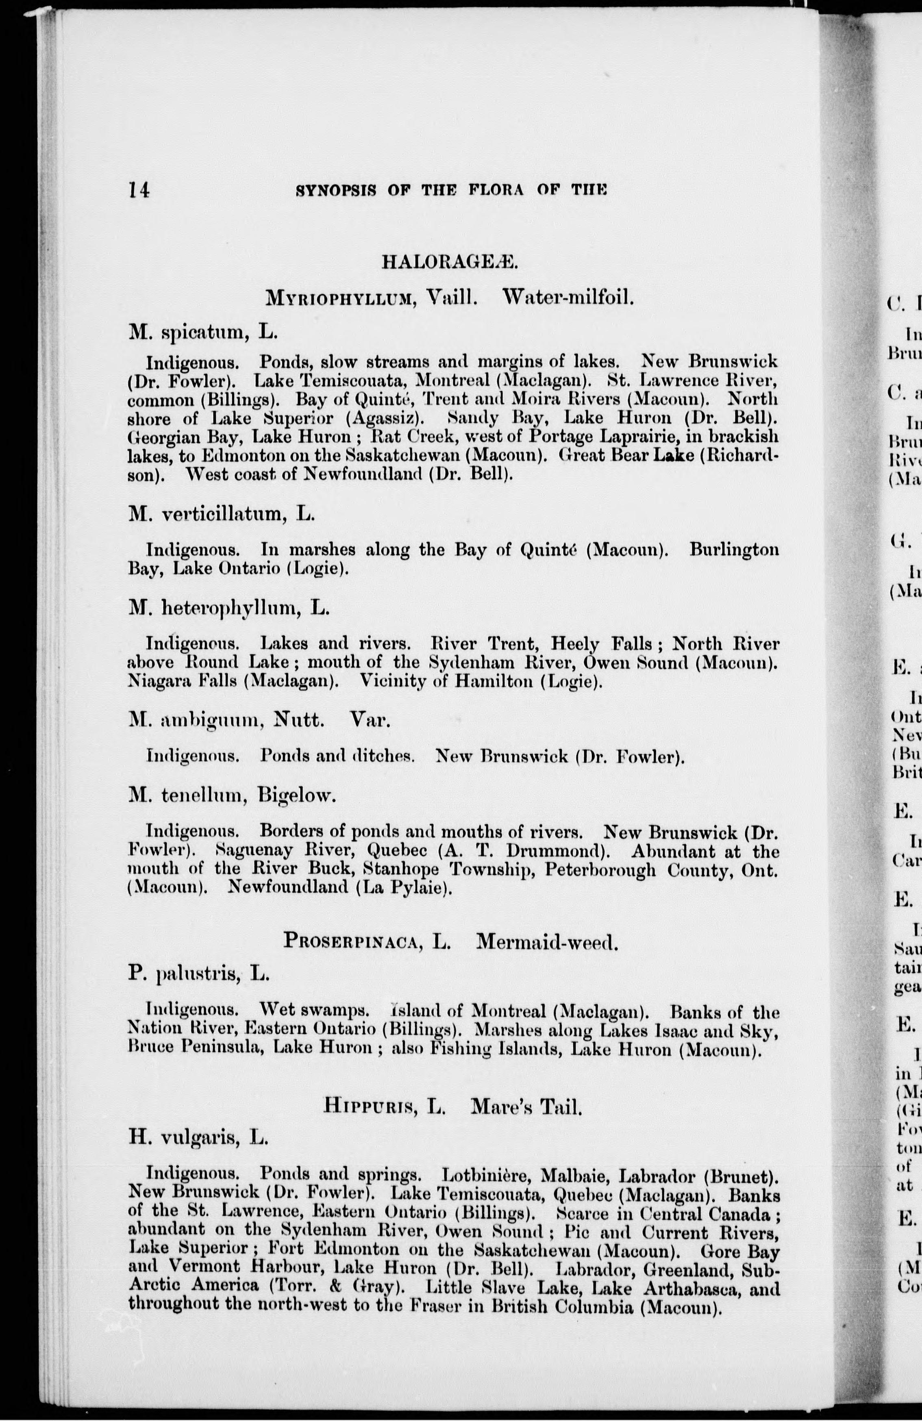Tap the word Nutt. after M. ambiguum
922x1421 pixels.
pyautogui.click(x=298, y=721)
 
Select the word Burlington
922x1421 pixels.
pyautogui.click(x=734, y=549)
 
